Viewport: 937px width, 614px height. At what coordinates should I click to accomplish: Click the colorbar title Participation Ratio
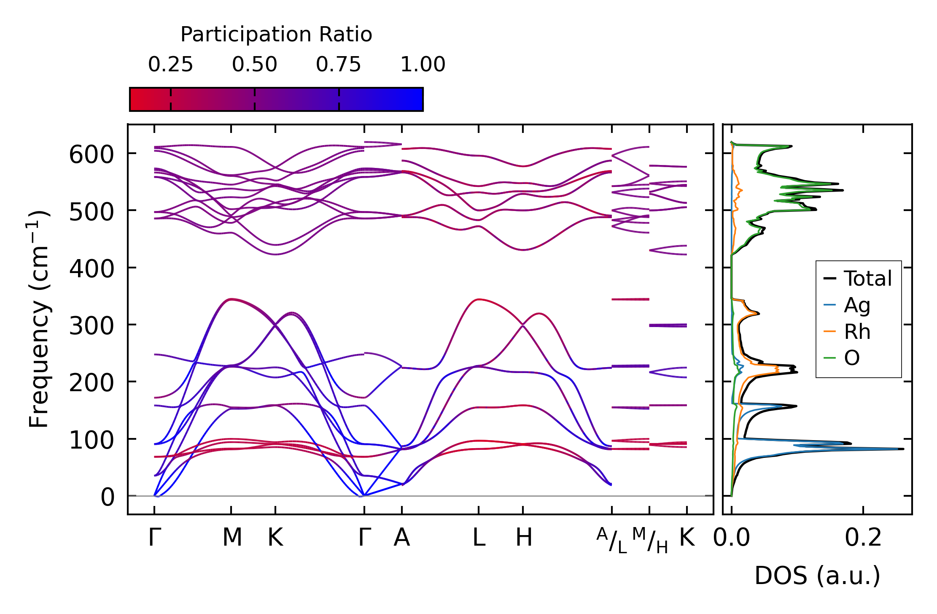coord(276,35)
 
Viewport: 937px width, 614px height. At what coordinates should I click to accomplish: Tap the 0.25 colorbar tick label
coord(170,65)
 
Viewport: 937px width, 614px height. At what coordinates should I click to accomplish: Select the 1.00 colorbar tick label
coord(423,65)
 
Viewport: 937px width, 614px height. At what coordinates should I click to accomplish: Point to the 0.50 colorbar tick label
coord(254,65)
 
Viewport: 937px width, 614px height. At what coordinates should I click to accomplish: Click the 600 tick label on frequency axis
coord(92,154)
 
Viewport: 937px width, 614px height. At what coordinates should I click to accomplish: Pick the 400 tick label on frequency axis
coord(92,269)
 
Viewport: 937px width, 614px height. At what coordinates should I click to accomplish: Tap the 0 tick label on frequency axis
coord(108,497)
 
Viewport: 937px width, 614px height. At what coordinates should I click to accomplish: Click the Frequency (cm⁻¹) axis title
coord(39,319)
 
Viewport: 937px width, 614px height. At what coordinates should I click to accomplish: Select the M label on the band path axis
coord(232,538)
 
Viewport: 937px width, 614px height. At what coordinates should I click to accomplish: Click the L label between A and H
coord(479,538)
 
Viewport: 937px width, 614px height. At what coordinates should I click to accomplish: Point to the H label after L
coord(524,538)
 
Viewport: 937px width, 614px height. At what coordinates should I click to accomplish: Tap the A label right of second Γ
coord(402,538)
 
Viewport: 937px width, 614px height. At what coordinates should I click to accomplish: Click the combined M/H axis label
coord(650,540)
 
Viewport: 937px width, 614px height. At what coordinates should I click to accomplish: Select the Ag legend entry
coord(857,305)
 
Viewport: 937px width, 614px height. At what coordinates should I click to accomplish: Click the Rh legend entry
coord(857,332)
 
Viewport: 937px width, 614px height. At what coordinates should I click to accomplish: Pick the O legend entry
coord(852,358)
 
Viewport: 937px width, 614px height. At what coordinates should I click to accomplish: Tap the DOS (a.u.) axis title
coord(817,576)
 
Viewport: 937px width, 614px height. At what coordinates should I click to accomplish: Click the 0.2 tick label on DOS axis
coord(863,538)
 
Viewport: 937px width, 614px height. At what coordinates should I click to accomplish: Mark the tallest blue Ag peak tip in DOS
coord(903,449)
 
